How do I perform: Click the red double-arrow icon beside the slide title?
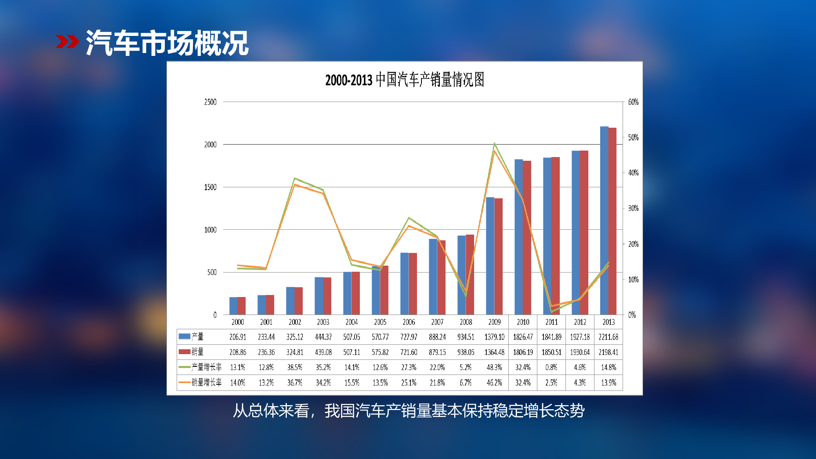point(67,42)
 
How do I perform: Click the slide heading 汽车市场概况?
point(167,42)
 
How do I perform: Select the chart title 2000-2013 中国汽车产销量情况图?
point(405,80)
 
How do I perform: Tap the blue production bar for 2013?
point(604,220)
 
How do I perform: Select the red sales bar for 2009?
point(499,256)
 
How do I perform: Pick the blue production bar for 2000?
point(233,306)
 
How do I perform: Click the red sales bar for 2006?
point(413,284)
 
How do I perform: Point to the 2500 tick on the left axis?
point(211,102)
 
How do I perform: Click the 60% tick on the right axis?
point(633,102)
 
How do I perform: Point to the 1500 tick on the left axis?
point(211,187)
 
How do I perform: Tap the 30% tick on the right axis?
point(633,208)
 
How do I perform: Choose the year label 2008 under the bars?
point(466,322)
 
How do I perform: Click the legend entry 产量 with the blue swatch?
point(191,337)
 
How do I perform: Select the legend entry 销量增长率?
point(200,382)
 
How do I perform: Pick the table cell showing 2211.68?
point(608,337)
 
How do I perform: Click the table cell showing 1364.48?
point(494,352)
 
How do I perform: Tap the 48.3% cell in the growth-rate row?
point(494,367)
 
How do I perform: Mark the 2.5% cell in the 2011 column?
point(551,383)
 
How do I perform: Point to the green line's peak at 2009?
point(494,144)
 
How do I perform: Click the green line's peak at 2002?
point(295,178)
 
